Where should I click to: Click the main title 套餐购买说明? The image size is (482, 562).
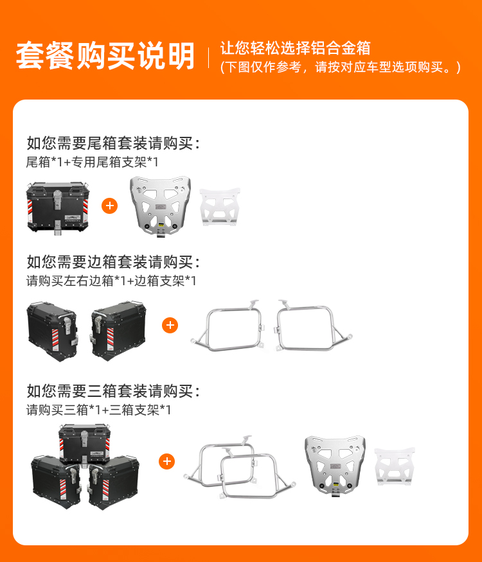pyautogui.click(x=105, y=55)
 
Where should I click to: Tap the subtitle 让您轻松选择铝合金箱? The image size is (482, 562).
pyautogui.click(x=295, y=48)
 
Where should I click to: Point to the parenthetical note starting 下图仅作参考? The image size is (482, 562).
pyautogui.click(x=341, y=67)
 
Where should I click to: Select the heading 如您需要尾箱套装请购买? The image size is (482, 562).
pyautogui.click(x=113, y=143)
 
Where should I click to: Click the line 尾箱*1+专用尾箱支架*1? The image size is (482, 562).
pyautogui.click(x=92, y=162)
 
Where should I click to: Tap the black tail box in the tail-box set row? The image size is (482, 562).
pyautogui.click(x=57, y=208)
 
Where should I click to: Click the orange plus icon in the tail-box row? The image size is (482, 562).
pyautogui.click(x=110, y=206)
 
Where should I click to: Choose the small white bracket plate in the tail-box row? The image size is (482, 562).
pyautogui.click(x=220, y=207)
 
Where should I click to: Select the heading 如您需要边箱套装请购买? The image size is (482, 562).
pyautogui.click(x=113, y=262)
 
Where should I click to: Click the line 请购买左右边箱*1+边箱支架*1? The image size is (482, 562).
pyautogui.click(x=111, y=281)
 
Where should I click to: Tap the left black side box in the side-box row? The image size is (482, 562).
pyautogui.click(x=52, y=331)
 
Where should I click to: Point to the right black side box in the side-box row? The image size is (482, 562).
pyautogui.click(x=118, y=331)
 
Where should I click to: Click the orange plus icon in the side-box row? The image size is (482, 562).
pyautogui.click(x=170, y=326)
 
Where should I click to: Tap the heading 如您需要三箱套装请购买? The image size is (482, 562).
pyautogui.click(x=113, y=391)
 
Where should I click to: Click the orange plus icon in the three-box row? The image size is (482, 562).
pyautogui.click(x=166, y=461)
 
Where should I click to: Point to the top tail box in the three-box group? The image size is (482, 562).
pyautogui.click(x=85, y=444)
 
